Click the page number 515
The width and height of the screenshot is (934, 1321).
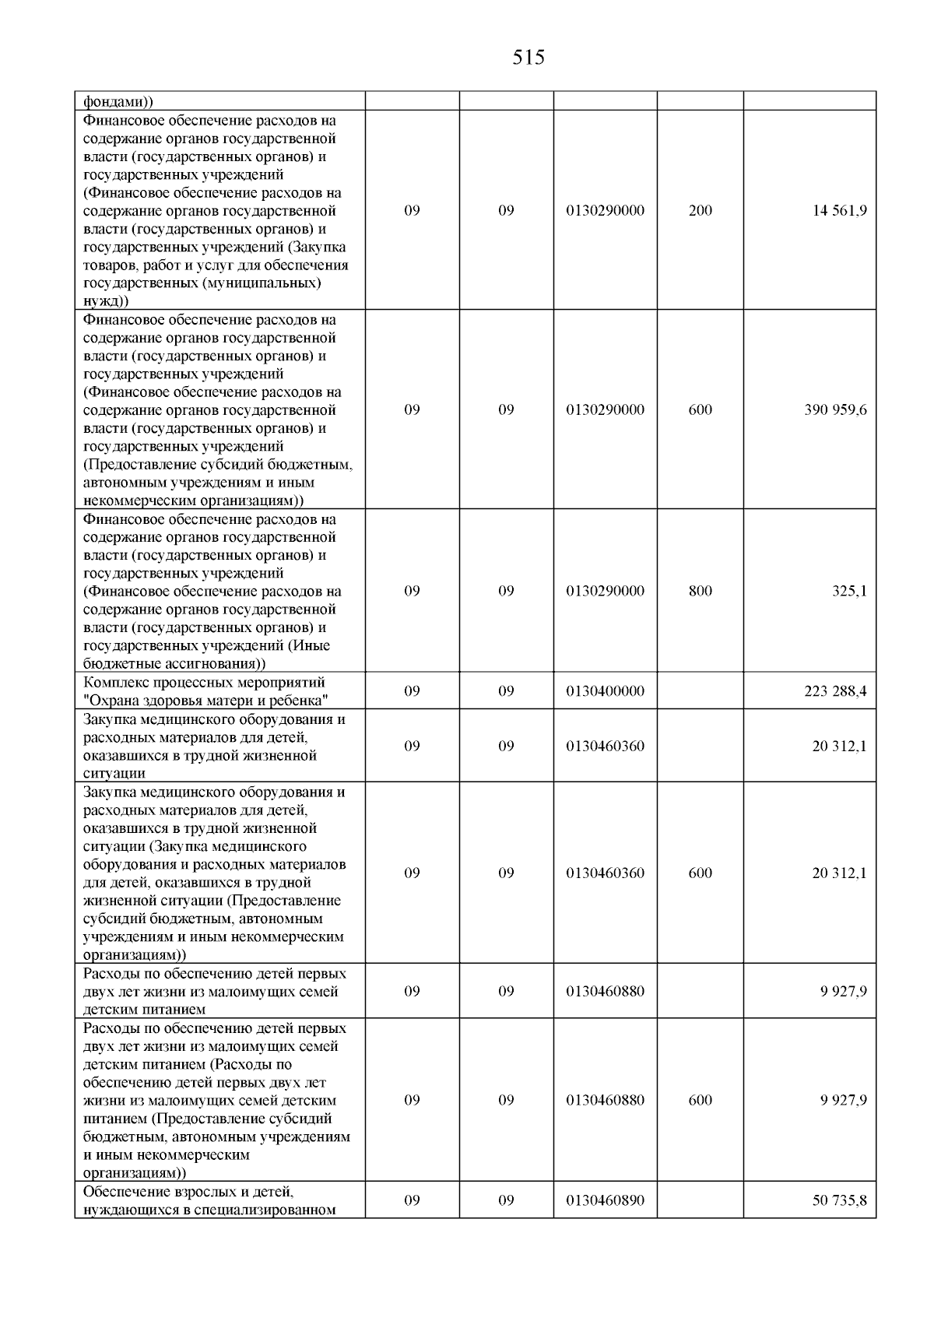click(x=528, y=58)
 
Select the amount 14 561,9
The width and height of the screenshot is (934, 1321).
click(x=840, y=211)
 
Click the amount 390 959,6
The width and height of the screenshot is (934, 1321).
click(x=835, y=410)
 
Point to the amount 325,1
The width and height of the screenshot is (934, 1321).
click(x=849, y=591)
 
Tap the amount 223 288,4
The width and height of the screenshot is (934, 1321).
click(x=835, y=691)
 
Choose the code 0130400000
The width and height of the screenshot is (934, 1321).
click(x=605, y=691)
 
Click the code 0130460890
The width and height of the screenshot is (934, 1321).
click(x=605, y=1200)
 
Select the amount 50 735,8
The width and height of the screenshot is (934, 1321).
click(x=840, y=1200)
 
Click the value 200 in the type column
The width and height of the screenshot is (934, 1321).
click(x=700, y=211)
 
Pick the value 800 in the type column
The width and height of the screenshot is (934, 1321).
click(x=700, y=591)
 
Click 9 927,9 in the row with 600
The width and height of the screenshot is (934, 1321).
click(x=843, y=1100)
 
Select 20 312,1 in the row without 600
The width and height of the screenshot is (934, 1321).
click(x=840, y=746)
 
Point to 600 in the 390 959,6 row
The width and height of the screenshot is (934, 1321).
click(x=700, y=410)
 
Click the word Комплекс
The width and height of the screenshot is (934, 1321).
click(x=116, y=683)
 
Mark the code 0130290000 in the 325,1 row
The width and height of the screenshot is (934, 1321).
click(x=605, y=591)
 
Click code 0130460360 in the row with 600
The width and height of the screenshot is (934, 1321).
click(x=605, y=873)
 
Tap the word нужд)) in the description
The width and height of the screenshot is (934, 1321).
click(x=106, y=300)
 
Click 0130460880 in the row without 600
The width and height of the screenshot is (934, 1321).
click(x=605, y=992)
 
